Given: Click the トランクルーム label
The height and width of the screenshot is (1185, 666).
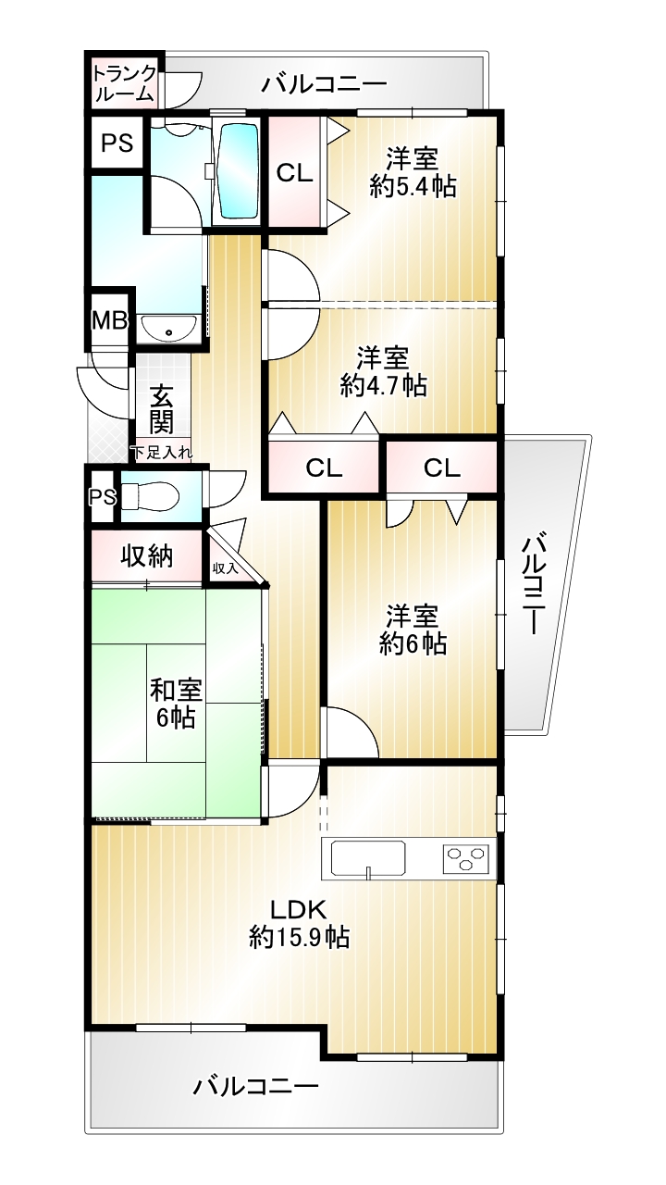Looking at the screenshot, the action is click(x=125, y=83).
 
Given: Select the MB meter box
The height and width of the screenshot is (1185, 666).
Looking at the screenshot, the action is click(x=109, y=320).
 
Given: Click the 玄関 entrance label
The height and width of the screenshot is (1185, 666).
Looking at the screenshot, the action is click(x=161, y=409).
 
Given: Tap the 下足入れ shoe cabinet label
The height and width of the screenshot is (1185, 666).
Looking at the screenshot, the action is click(x=162, y=453).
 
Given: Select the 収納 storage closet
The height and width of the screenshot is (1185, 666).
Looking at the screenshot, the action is click(x=147, y=556).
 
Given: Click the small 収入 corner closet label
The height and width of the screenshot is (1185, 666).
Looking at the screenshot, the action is click(x=225, y=568).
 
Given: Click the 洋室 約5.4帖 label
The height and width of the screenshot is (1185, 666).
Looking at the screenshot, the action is click(x=413, y=172).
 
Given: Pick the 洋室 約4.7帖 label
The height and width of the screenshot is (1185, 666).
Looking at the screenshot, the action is click(x=383, y=372).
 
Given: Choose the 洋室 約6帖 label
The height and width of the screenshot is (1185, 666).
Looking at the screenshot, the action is click(x=413, y=630).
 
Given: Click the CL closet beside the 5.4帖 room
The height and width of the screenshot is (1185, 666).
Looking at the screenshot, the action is click(x=295, y=172).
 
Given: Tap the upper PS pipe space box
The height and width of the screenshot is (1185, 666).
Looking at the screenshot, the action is click(x=117, y=143).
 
